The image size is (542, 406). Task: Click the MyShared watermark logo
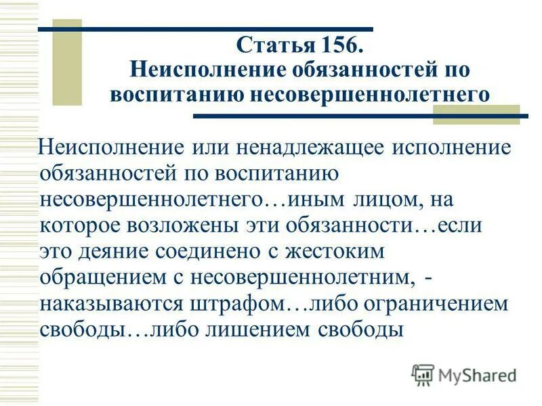pos(465,374)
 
